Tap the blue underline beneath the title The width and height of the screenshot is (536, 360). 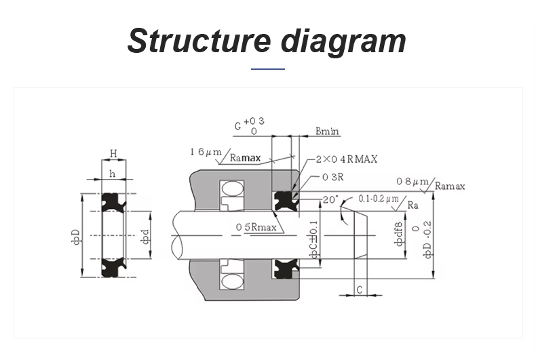(268, 68)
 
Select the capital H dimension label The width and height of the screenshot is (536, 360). (113, 154)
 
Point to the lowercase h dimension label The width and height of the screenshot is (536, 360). (113, 174)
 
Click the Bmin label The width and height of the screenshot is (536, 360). (328, 131)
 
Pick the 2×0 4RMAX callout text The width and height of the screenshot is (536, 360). (347, 159)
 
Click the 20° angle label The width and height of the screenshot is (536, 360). (330, 199)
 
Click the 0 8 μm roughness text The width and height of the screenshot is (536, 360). (413, 181)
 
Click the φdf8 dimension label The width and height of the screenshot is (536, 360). (399, 234)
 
